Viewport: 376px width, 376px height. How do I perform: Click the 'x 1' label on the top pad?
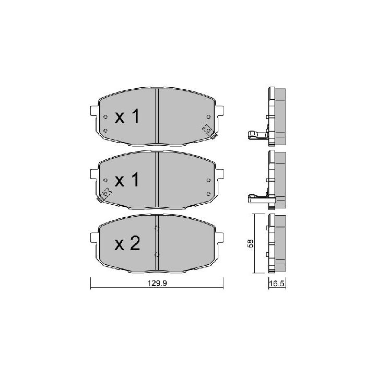click(x=127, y=117)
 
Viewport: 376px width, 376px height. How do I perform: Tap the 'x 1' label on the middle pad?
click(x=127, y=181)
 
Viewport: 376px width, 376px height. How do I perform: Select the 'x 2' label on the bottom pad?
click(x=127, y=244)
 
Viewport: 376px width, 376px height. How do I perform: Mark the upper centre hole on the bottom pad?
click(x=157, y=228)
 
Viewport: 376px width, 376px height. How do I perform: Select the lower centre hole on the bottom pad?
click(x=157, y=254)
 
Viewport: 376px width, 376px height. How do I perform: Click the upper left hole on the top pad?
click(x=105, y=117)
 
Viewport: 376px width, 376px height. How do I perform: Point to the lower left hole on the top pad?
click(x=105, y=130)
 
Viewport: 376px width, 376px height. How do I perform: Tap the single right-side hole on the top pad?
click(x=208, y=117)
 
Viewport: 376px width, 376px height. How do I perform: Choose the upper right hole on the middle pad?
click(x=208, y=180)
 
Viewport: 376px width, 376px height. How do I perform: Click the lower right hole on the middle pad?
click(x=208, y=193)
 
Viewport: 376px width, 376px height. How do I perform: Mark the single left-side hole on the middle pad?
click(x=105, y=181)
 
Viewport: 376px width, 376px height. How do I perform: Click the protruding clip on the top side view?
click(x=256, y=135)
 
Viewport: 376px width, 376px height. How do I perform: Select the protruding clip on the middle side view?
click(x=256, y=198)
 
